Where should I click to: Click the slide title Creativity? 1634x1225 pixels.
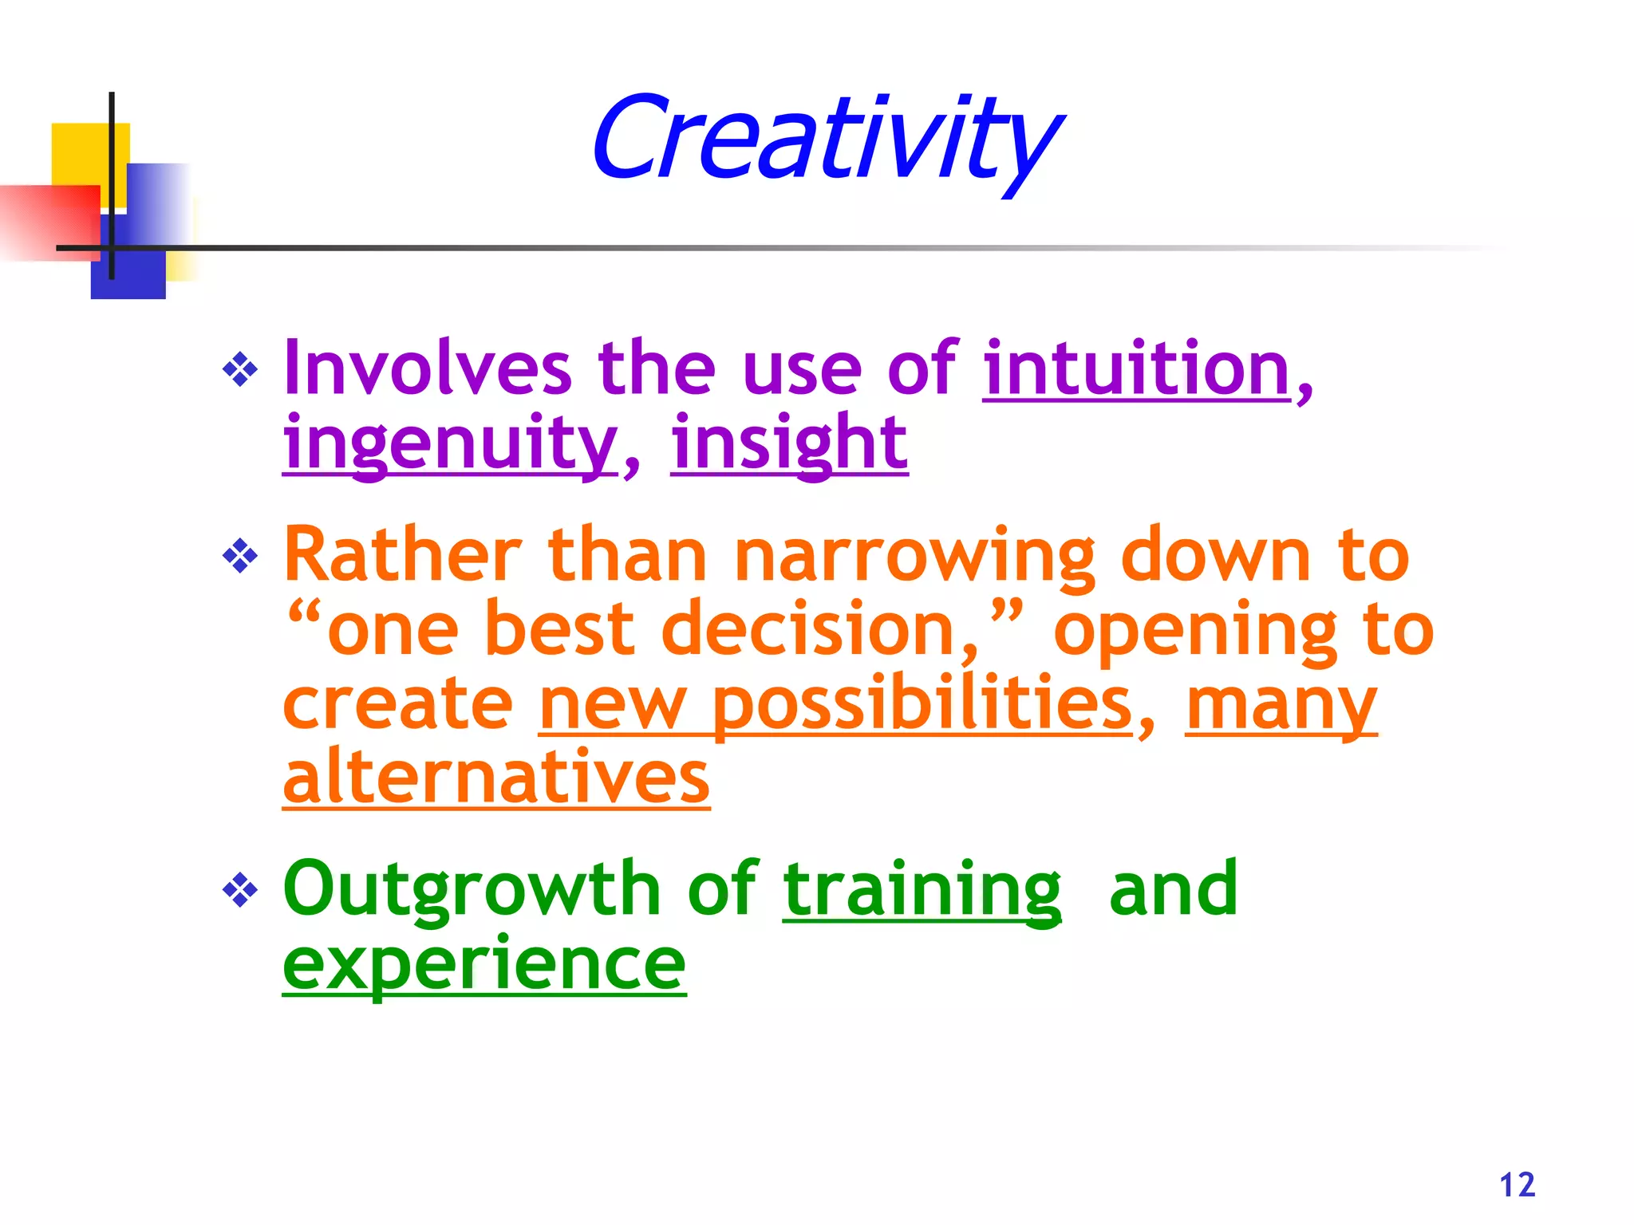[x=826, y=140]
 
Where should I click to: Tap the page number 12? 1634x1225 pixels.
[x=1517, y=1185]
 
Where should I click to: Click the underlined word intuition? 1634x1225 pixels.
[x=1136, y=368]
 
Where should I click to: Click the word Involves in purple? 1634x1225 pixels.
[x=428, y=368]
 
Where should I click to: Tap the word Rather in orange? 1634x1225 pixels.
[x=403, y=555]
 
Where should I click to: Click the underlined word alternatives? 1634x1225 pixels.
[x=495, y=777]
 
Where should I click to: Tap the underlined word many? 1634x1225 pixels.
[x=1281, y=705]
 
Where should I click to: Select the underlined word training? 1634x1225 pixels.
[x=922, y=890]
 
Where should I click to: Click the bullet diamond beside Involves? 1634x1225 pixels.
[x=240, y=369]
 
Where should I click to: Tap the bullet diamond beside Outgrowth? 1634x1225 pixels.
[x=240, y=890]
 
